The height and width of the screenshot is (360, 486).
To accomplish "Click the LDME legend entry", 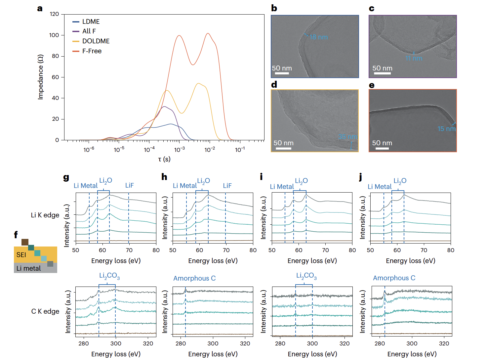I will tap(91, 22).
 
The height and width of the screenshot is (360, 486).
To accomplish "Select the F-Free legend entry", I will tap(92, 51).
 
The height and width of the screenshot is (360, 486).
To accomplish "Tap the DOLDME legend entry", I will tap(96, 41).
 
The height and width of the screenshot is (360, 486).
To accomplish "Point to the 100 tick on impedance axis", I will tap(54, 35).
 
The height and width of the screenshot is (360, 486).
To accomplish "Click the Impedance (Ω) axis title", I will tap(40, 77).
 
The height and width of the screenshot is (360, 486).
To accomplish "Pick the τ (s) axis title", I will tap(164, 159).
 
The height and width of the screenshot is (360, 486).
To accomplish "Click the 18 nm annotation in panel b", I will tap(318, 37).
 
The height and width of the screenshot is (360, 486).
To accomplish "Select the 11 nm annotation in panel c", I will tap(414, 58).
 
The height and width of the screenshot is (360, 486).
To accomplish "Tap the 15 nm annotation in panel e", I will tap(446, 129).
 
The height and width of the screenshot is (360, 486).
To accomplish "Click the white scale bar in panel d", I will tap(283, 149).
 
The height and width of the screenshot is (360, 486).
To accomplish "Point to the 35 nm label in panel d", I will tap(347, 137).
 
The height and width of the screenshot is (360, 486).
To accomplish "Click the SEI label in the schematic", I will tap(21, 255).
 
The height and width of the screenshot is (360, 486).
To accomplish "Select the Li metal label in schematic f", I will tap(29, 268).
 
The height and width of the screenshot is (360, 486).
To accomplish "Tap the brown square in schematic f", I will tap(25, 242).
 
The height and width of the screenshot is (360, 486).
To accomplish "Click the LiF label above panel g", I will tap(129, 185).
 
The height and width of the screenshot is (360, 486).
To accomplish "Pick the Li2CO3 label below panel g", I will tap(109, 276).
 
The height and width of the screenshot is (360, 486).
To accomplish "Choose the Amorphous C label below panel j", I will tap(394, 278).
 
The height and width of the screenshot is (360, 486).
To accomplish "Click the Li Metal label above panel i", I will tap(282, 187).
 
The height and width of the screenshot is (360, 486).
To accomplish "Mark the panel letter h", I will tap(164, 177).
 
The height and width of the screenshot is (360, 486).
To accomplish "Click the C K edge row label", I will tap(45, 311).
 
